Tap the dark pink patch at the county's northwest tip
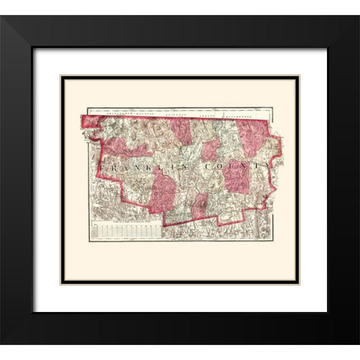pos(90,120)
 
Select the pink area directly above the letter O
pos(211,147)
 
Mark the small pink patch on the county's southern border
pos(199,207)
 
